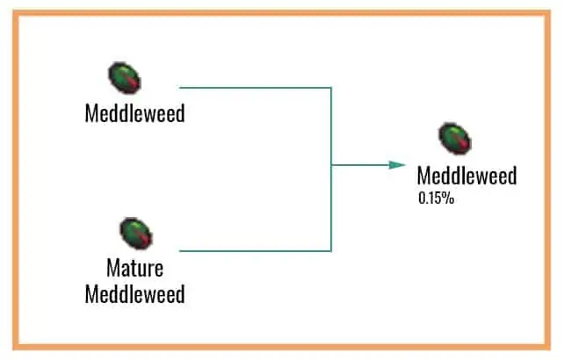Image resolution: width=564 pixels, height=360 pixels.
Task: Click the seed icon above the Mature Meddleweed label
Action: coord(136,234)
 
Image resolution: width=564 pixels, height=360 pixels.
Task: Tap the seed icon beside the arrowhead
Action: coord(455,139)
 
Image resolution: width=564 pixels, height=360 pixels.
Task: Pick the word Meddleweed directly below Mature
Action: coord(134,293)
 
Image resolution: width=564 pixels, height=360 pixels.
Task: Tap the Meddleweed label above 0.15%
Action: coord(466,176)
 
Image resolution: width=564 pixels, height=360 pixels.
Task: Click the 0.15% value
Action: coord(436,198)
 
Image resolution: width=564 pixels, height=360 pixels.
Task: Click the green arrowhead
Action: coord(398,164)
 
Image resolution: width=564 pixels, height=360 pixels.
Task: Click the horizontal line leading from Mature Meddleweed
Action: coord(255,250)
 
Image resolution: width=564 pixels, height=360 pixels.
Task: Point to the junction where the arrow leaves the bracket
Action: coord(331,164)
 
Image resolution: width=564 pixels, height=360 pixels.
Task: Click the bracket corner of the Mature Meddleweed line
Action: coord(331,250)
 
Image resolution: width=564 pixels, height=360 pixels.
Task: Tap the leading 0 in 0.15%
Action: coord(422,198)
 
